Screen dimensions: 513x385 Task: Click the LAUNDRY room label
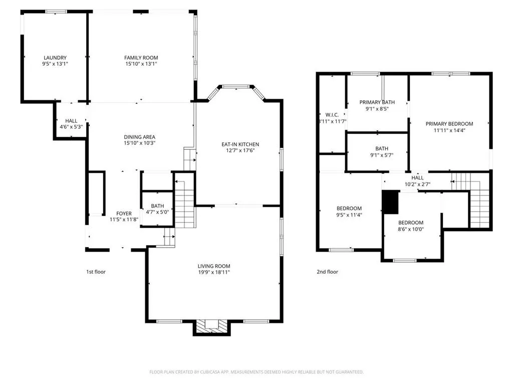click(x=55, y=58)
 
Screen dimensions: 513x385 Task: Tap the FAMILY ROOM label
click(x=141, y=58)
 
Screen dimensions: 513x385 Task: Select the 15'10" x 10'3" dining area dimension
click(x=139, y=143)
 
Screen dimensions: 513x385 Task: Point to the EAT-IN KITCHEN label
click(x=240, y=144)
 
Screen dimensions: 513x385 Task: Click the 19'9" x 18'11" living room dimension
click(x=213, y=272)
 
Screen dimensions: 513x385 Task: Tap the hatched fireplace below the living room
click(x=212, y=327)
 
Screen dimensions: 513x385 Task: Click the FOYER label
click(x=124, y=214)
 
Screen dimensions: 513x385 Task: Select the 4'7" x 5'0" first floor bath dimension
click(x=157, y=212)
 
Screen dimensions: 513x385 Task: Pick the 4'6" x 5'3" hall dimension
click(x=71, y=127)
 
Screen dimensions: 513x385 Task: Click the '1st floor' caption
click(x=96, y=272)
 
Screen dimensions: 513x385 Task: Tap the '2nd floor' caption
click(x=327, y=272)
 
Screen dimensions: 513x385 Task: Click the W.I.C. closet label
click(x=332, y=115)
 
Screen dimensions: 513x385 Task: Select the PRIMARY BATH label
click(x=377, y=102)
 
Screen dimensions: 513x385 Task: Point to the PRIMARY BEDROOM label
click(x=449, y=124)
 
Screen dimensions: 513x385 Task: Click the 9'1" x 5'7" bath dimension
click(x=382, y=155)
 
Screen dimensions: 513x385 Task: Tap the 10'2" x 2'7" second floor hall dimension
click(x=417, y=184)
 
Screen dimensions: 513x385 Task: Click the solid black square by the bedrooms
click(x=390, y=202)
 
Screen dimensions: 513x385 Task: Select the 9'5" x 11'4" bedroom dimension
click(x=349, y=215)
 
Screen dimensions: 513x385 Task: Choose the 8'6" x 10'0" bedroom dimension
click(x=411, y=229)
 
